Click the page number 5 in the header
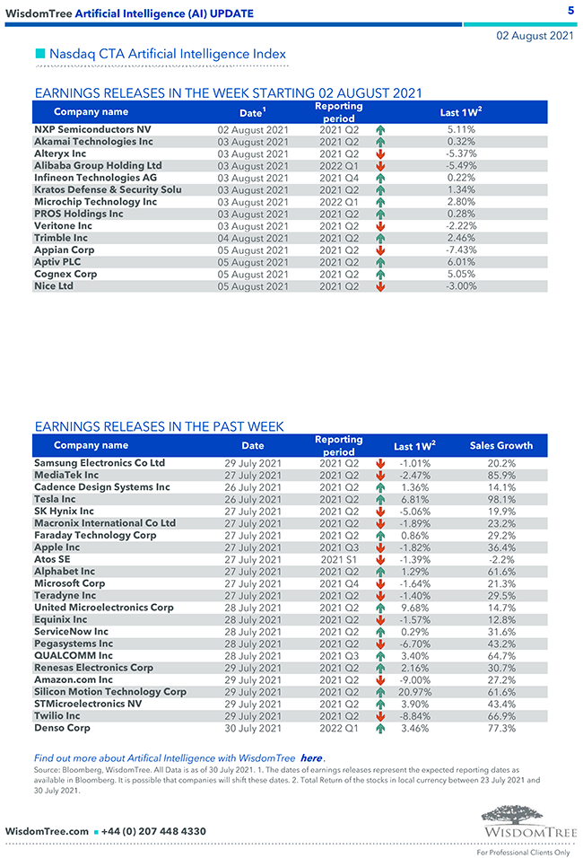570,11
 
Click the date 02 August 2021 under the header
535,36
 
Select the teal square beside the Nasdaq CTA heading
39,54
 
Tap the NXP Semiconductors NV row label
92,129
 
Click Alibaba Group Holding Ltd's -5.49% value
461,166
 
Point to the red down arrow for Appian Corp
380,250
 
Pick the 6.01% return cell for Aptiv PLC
461,262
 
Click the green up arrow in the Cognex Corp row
380,275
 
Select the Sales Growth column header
501,445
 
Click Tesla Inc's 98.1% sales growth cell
501,499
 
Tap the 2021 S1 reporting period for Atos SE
339,559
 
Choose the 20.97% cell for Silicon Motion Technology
414,692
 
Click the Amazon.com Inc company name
74,680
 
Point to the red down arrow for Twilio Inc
380,716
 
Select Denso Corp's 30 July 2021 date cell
253,729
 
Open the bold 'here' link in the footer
311,758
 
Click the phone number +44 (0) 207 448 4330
153,831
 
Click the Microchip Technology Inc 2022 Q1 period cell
339,202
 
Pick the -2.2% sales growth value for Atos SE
501,559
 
